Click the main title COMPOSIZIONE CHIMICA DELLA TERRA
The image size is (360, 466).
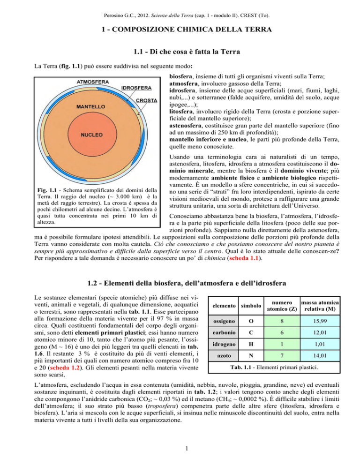point(180,30)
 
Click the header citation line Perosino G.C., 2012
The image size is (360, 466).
point(180,9)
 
